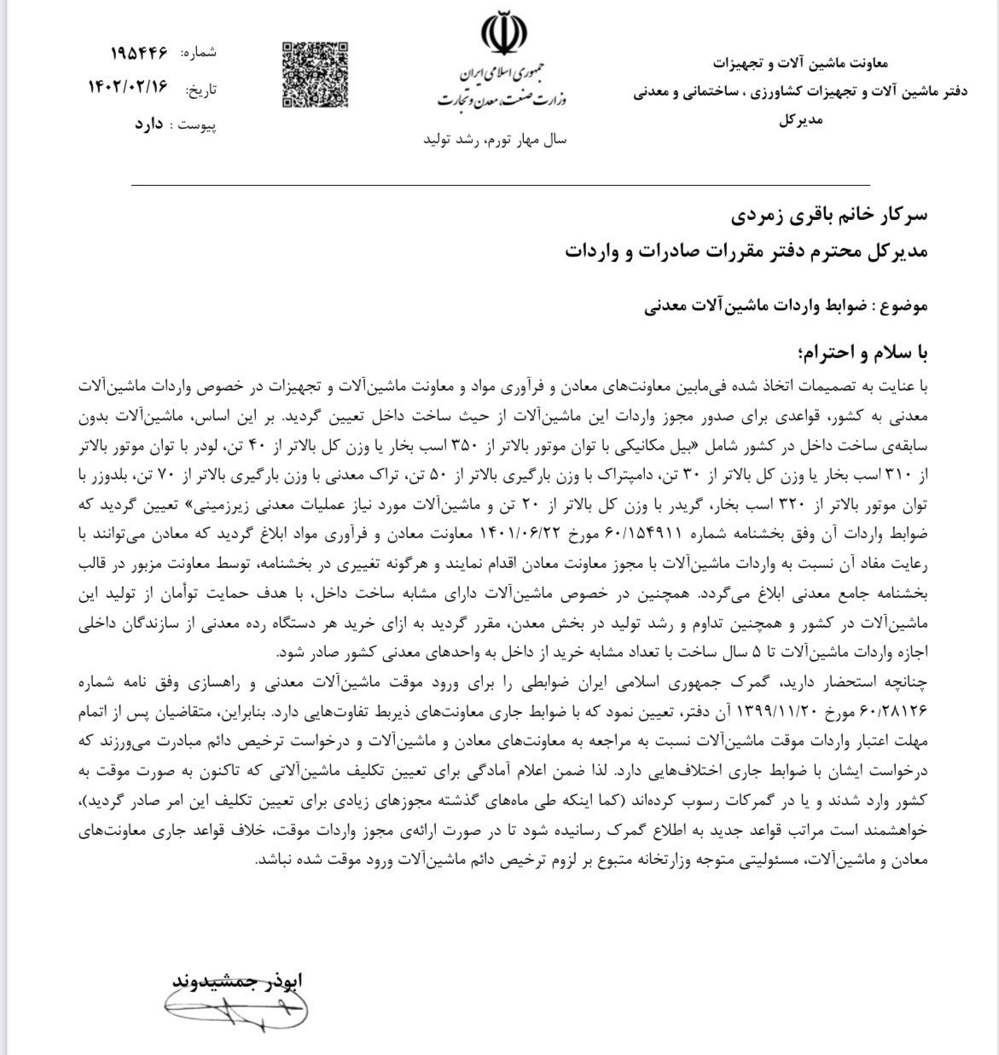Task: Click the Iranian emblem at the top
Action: (503, 36)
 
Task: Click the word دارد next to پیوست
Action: (148, 124)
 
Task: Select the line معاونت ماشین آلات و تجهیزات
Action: (800, 62)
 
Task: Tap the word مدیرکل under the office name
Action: (800, 120)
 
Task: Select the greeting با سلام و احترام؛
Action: (860, 351)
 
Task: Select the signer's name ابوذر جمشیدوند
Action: (235, 980)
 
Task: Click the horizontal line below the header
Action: (500, 183)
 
